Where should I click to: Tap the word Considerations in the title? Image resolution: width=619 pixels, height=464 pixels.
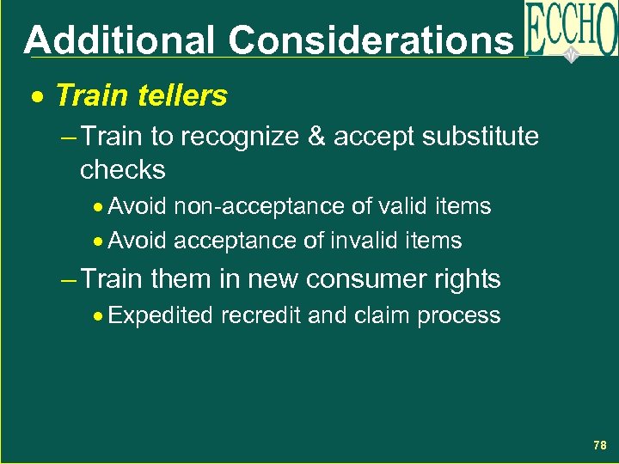click(x=371, y=40)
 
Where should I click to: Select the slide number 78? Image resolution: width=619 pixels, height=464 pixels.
click(x=599, y=445)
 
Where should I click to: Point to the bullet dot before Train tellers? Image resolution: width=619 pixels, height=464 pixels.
click(x=38, y=96)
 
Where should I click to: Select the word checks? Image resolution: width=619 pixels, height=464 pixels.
click(x=122, y=169)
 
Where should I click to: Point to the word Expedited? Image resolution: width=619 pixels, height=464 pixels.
click(x=161, y=316)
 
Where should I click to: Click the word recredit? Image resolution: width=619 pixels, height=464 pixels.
click(x=260, y=316)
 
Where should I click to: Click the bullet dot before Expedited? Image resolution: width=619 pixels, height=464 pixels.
click(x=101, y=316)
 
